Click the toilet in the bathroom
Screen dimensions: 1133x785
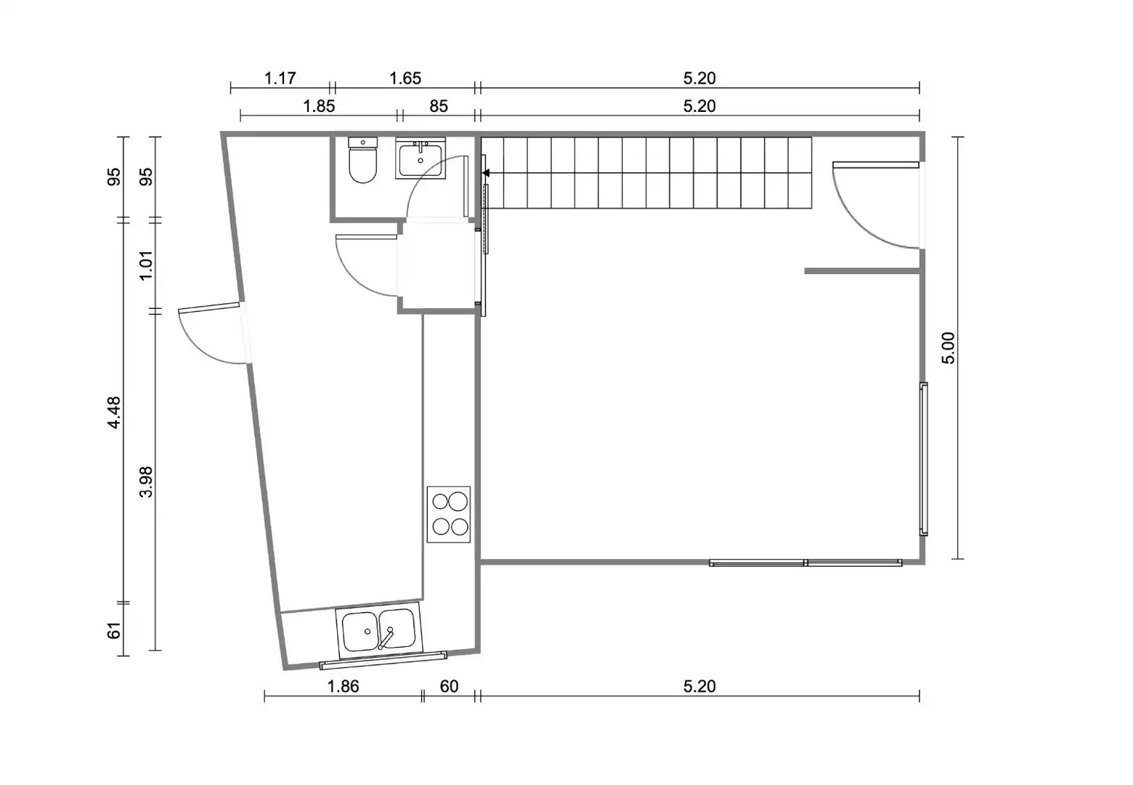[362, 160]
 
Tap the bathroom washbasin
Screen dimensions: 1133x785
[421, 158]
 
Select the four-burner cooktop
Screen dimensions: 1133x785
[449, 514]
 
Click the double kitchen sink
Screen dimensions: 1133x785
[378, 630]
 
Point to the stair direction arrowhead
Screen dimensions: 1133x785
[486, 173]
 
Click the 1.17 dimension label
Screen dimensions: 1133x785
[280, 78]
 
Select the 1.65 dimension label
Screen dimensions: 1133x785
[405, 78]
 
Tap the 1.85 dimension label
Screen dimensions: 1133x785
[319, 106]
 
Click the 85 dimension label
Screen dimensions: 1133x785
[439, 106]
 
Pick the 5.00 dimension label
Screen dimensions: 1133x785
[949, 347]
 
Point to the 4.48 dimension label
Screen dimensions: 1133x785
[114, 413]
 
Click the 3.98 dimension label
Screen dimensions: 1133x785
[146, 482]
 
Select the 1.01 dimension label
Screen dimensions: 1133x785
[146, 265]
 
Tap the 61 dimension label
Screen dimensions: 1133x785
[114, 630]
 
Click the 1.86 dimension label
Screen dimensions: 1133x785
[343, 686]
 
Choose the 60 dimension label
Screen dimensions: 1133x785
[449, 686]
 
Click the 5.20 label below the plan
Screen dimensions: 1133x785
[699, 686]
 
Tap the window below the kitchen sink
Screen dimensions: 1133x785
[383, 660]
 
